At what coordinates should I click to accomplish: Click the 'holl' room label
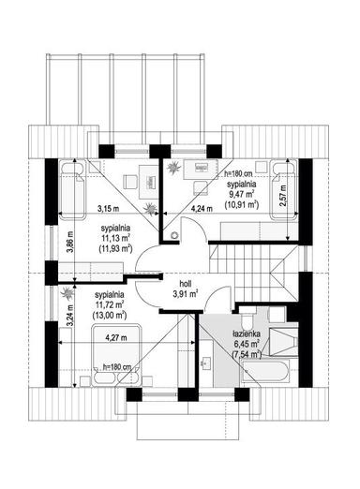coord(187,281)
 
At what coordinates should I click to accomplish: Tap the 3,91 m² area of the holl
coord(187,293)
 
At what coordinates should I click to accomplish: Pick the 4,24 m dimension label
coord(202,209)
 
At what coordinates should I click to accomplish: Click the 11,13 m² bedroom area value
coord(115,238)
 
